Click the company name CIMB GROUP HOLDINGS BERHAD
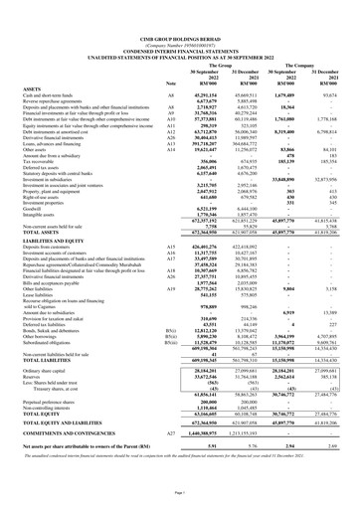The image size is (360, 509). point(179,11)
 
